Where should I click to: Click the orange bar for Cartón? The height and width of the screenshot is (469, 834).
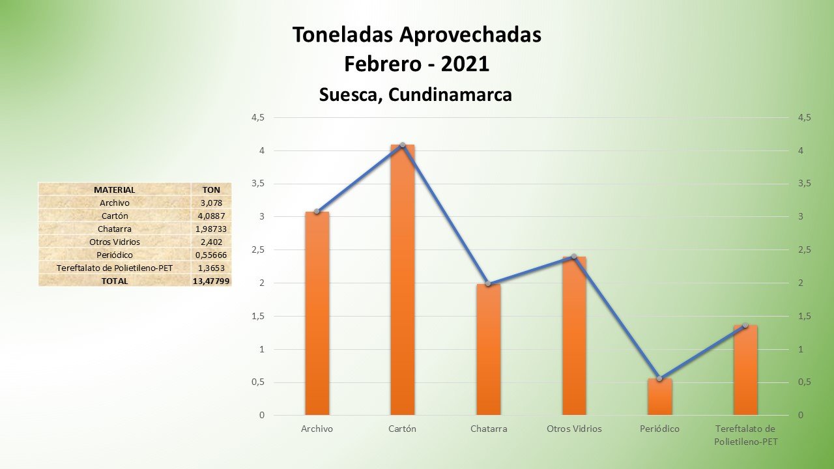pos(402,280)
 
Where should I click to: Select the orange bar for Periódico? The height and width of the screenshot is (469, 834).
pos(659,397)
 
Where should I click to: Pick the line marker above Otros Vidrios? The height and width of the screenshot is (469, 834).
pos(574,257)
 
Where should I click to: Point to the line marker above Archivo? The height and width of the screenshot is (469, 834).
pos(317,212)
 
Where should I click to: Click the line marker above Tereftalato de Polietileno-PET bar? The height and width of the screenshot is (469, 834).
pos(745,325)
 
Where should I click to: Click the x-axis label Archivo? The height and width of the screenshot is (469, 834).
pos(317,429)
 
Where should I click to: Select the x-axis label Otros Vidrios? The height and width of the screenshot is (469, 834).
pos(574,429)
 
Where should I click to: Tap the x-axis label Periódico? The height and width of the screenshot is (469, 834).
pos(659,429)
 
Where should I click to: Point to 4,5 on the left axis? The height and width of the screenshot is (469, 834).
pos(258,118)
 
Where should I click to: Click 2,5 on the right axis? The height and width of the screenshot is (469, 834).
pos(804,250)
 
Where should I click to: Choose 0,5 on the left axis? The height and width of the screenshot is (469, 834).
pos(258,382)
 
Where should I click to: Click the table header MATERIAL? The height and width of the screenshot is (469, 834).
pos(115,190)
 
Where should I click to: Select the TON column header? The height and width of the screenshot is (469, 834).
pos(212,190)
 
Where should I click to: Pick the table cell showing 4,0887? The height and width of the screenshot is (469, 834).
pos(212,216)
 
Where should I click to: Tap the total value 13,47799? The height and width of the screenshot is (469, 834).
pos(212,281)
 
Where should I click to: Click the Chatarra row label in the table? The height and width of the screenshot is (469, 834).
pos(115,229)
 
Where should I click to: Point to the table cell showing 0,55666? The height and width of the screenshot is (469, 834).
pos(212,255)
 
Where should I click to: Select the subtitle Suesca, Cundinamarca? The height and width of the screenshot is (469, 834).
pos(416,94)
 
